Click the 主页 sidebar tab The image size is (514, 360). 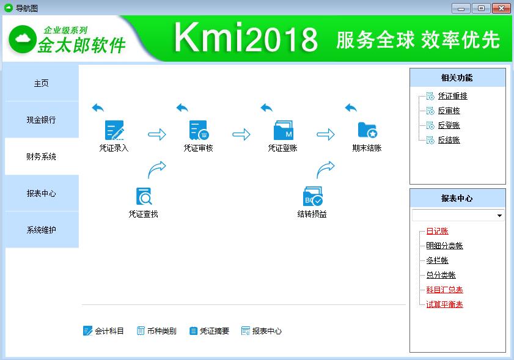point(41,83)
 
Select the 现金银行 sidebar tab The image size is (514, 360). point(41,120)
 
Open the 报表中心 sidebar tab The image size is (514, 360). point(41,193)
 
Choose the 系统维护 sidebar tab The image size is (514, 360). point(41,230)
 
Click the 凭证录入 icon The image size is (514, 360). point(114,130)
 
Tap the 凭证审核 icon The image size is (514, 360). point(199,130)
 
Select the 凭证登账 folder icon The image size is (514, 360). point(283,130)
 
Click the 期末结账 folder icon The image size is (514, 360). point(367,130)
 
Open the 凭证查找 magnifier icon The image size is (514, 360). point(144,196)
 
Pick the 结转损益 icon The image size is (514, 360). point(312,196)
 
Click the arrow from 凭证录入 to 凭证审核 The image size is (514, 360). point(157,134)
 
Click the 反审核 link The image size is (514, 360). point(449,111)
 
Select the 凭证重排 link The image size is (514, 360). point(452,96)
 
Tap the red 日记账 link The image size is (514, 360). point(437,231)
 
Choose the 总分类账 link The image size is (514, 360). point(441,275)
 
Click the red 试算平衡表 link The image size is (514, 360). point(444,304)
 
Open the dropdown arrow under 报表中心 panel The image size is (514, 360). point(499,216)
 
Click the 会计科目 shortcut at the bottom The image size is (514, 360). point(104,331)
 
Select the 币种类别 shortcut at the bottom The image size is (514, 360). point(156,331)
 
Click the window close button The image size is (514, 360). point(502,8)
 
